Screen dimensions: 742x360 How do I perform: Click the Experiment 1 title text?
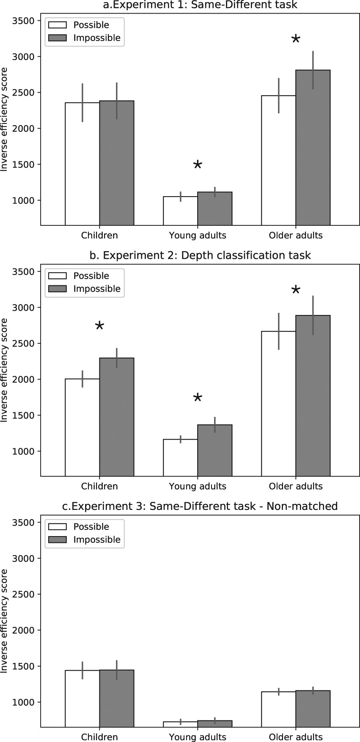(x=200, y=5)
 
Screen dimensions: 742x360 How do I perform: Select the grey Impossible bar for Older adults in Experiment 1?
(x=313, y=148)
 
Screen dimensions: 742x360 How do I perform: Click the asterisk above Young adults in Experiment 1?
(x=198, y=165)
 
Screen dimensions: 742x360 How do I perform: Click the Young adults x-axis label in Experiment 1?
(x=198, y=235)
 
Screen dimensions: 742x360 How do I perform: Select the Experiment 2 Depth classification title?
(x=200, y=255)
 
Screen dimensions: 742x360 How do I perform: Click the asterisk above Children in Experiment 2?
(x=99, y=326)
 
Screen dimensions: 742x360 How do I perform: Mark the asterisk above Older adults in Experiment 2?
(x=296, y=290)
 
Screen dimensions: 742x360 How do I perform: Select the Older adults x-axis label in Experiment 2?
(x=296, y=486)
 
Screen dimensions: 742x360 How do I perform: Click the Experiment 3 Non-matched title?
(x=200, y=506)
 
